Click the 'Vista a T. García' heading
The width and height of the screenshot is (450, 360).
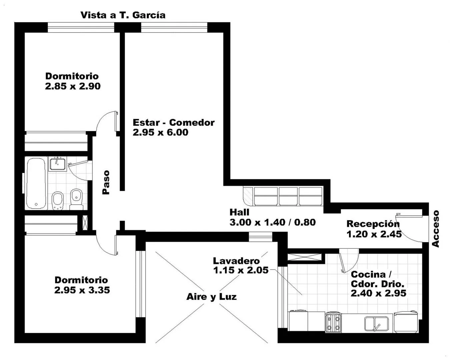point(123,15)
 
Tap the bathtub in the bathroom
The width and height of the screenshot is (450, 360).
point(36,183)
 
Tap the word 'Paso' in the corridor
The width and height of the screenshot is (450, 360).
point(106,182)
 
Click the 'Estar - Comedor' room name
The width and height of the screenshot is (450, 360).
point(174,123)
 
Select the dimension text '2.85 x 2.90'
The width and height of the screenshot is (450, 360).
point(73,86)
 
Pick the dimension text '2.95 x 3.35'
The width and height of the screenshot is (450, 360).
point(82,290)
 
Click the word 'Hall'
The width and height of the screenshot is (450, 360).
point(239,212)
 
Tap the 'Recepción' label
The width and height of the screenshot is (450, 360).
point(373,224)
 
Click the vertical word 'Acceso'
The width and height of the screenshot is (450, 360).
point(435,229)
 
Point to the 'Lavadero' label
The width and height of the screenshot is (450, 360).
point(236,261)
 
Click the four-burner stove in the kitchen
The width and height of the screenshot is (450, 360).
point(333,322)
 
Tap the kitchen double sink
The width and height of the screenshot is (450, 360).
point(376,324)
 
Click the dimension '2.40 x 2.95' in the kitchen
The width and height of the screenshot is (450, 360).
point(378,293)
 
